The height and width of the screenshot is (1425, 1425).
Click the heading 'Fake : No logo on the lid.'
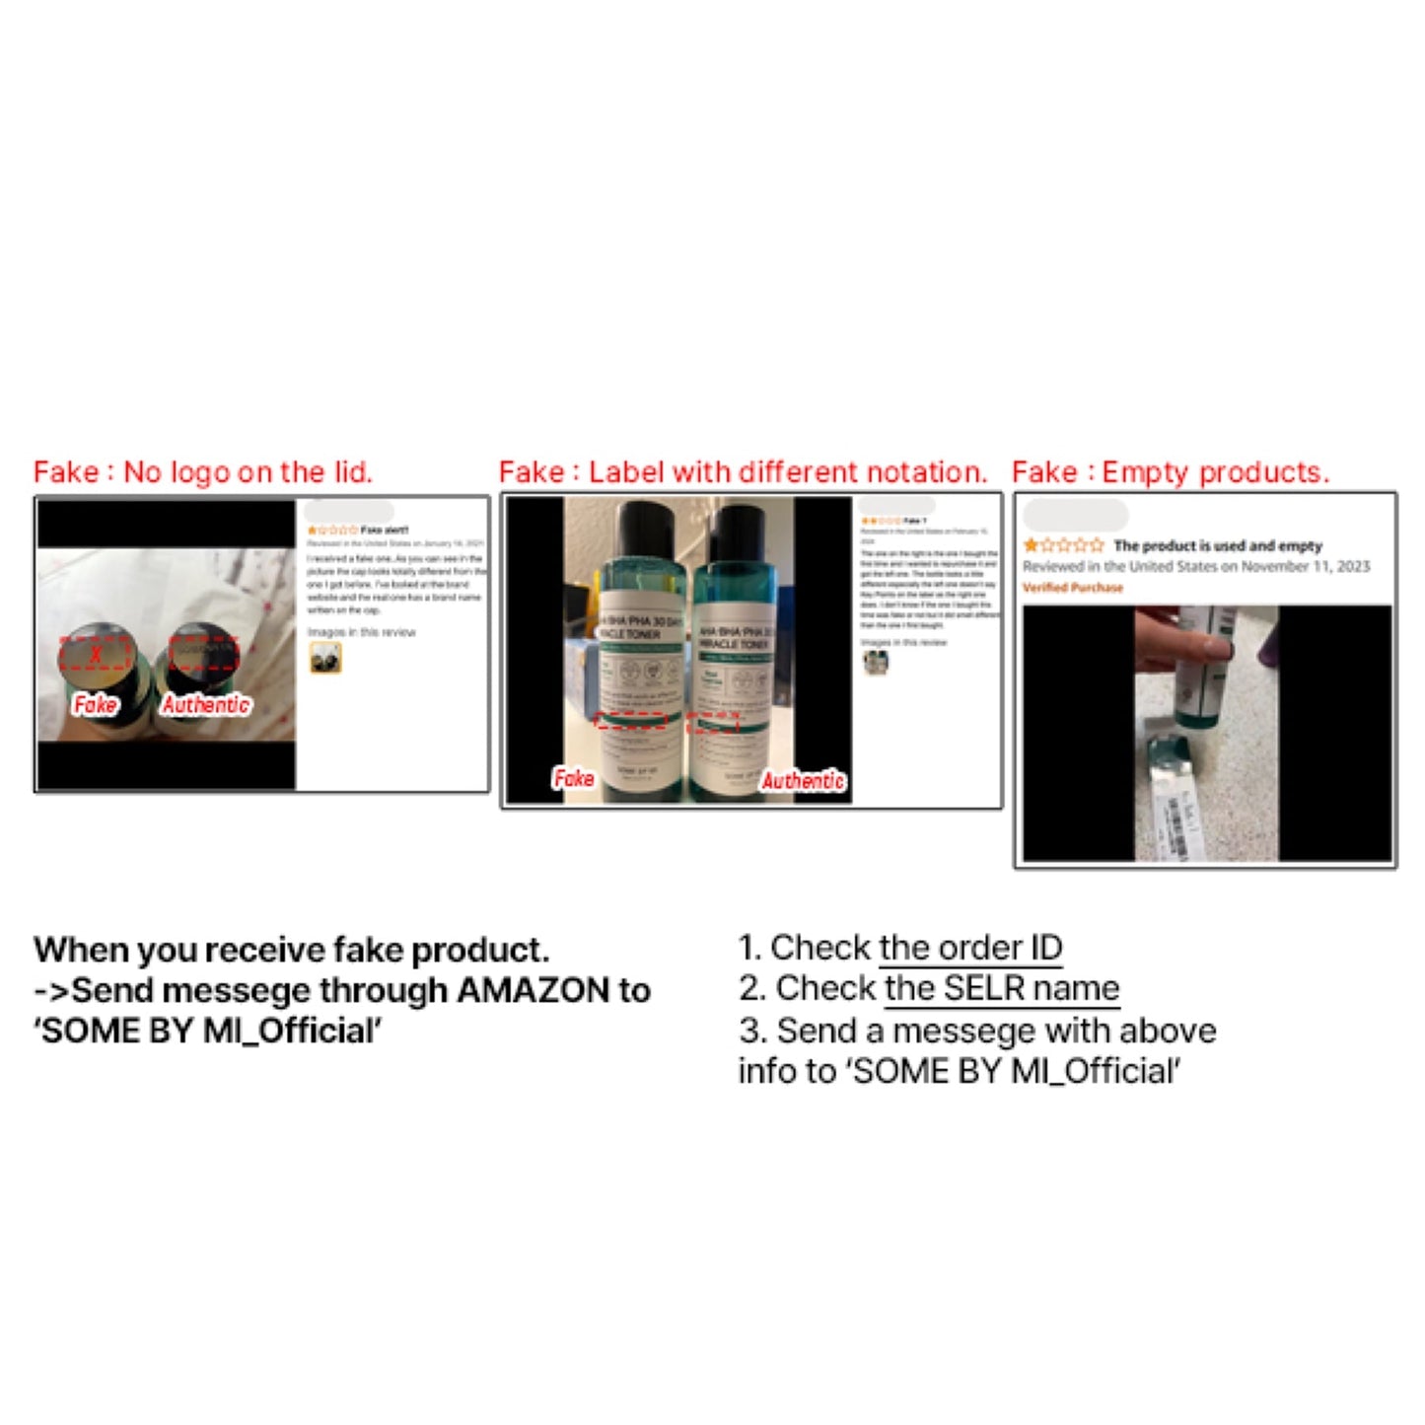(203, 472)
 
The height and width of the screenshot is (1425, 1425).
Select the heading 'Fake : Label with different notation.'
(743, 472)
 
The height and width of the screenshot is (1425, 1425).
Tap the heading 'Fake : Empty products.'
(1171, 472)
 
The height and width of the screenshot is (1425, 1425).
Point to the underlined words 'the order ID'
(970, 948)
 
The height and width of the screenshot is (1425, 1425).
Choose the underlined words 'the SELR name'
(1002, 988)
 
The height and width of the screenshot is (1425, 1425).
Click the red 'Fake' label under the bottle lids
(95, 705)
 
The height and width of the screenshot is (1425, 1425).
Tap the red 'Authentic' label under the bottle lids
(206, 705)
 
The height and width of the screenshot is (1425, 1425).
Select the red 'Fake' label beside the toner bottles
(573, 778)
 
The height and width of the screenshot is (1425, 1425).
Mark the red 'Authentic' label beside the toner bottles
(803, 781)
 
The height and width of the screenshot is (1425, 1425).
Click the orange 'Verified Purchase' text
(1073, 588)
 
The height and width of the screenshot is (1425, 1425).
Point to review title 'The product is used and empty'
(1218, 545)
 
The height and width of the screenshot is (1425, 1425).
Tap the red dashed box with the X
(96, 653)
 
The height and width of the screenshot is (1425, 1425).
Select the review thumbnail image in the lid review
(325, 658)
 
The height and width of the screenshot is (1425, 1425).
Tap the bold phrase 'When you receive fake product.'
(292, 950)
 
